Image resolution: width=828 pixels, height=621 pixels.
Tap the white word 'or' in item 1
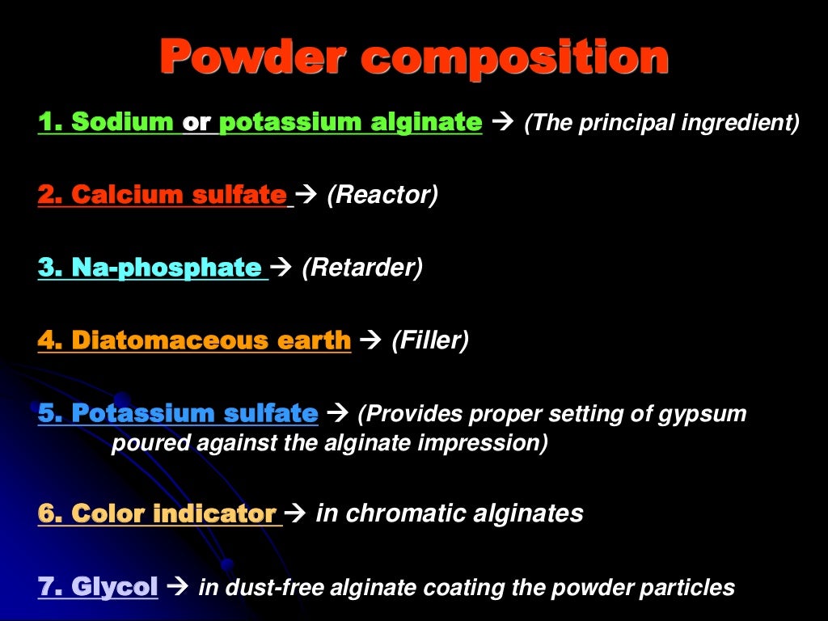(196, 123)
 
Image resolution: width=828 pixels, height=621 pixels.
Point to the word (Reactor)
(382, 196)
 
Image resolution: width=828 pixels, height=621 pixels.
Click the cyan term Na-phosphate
(166, 268)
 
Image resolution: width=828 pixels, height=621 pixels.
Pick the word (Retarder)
(362, 268)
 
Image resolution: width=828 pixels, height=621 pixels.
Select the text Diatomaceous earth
(210, 340)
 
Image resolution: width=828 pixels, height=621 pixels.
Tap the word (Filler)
(430, 340)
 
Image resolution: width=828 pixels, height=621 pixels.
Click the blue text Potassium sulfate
(194, 414)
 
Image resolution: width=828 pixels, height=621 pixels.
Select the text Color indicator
(174, 513)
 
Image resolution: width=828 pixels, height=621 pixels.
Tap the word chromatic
(396, 513)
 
